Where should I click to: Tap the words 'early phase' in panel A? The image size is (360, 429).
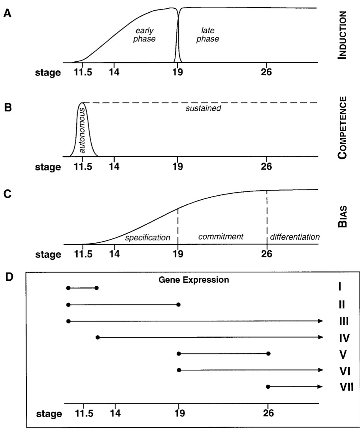coord(144,35)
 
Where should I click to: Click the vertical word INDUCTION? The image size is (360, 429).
coord(342,35)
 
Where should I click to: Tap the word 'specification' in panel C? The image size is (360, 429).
coord(147,238)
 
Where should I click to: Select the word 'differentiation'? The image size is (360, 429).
coord(294,237)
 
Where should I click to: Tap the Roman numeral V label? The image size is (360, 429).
coord(343,354)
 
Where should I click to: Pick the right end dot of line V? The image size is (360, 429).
coord(268,353)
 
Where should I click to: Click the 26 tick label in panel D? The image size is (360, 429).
coord(268,414)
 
